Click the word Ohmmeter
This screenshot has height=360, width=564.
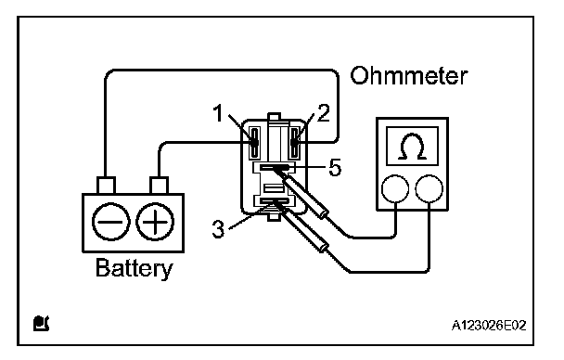(409, 75)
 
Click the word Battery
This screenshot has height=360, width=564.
(134, 268)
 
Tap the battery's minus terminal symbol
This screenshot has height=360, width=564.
(111, 222)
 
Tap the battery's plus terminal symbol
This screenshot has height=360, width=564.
(155, 222)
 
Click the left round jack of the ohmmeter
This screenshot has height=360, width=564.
(395, 188)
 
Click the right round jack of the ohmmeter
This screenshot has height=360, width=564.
(429, 188)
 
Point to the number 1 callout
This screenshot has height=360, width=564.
(218, 113)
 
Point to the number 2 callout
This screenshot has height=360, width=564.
(323, 113)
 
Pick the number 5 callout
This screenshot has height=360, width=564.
(335, 168)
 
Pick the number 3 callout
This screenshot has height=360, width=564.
(218, 229)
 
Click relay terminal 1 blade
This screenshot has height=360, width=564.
(255, 142)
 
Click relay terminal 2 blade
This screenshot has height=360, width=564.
(295, 142)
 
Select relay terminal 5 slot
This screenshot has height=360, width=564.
(275, 167)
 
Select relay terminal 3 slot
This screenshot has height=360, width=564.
(275, 201)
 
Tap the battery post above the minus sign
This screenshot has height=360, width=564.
(106, 186)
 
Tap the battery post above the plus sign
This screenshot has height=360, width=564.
(159, 186)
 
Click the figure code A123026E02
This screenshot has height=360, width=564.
(489, 326)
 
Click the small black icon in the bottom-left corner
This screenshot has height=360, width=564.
(41, 323)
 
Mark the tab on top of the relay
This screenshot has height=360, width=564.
(274, 116)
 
